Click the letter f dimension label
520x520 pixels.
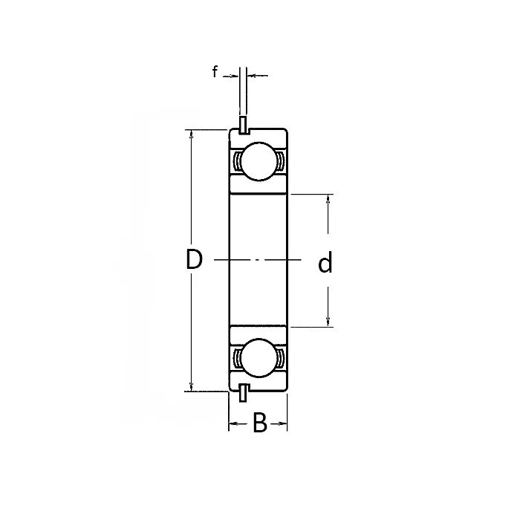215,73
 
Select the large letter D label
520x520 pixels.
194,260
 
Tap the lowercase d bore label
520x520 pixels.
325,263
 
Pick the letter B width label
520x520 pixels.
259,423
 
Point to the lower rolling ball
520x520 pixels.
257,359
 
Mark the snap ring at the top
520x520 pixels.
243,126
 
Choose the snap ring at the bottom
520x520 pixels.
243,394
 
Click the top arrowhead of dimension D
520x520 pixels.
192,135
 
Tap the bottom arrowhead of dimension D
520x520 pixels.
192,386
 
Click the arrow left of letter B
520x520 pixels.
233,424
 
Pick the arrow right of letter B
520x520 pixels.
282,424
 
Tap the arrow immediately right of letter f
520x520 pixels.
233,75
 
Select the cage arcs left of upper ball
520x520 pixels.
235,161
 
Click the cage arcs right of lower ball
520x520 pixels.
279,359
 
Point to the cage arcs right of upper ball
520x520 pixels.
279,161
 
